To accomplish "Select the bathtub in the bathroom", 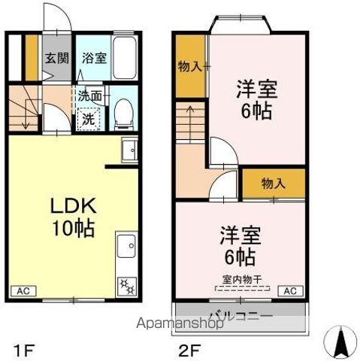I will point(123,56).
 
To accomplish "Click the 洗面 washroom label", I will point(91,97).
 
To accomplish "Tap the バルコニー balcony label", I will point(241,315).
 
